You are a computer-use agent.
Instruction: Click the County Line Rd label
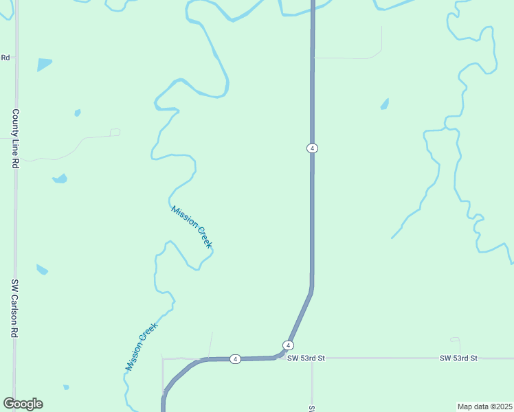point(14,139)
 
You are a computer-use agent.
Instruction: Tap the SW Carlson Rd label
point(14,308)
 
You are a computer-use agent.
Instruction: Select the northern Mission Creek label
point(192,227)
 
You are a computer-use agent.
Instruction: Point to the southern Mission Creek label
point(142,347)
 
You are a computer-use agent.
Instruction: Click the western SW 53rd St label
point(306,358)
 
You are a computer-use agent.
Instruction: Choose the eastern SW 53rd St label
point(458,358)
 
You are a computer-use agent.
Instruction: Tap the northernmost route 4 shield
point(312,148)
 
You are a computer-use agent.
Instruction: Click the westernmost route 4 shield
point(235,359)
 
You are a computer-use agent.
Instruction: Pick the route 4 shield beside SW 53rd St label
point(289,345)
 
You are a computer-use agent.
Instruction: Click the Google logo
point(23,404)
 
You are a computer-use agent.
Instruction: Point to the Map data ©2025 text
point(484,407)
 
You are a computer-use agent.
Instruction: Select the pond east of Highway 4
point(384,104)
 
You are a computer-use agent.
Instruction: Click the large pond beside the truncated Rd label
point(44,65)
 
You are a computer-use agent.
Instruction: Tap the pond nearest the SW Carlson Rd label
point(42,269)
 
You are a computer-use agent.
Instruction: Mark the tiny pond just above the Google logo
point(66,387)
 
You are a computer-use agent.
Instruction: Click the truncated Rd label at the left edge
point(5,58)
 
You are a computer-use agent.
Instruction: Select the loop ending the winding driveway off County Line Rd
point(115,132)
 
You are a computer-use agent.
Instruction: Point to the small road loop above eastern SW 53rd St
point(455,339)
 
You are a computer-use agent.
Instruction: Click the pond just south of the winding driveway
point(60,179)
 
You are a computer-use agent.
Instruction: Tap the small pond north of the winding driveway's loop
point(78,113)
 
